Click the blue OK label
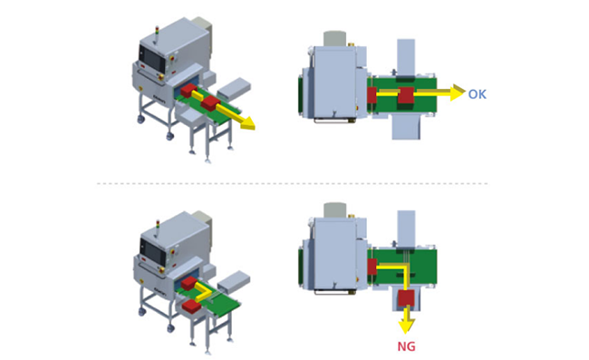tap(477, 94)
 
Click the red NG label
tap(407, 346)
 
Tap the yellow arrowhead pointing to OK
tap(458, 92)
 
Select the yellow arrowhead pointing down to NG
tap(407, 326)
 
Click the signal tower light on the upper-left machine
tap(157, 32)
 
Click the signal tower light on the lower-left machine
tap(158, 226)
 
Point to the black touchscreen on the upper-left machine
tap(151, 58)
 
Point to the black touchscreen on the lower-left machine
tap(153, 251)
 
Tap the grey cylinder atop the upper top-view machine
tap(334, 39)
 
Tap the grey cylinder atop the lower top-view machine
tap(334, 210)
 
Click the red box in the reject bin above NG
tap(406, 298)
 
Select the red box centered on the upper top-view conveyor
tap(406, 95)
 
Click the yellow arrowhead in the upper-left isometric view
tap(247, 123)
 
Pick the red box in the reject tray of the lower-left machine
tap(191, 306)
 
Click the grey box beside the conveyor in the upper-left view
tap(234, 89)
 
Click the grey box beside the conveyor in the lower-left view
tap(234, 282)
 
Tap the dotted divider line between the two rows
tap(293, 184)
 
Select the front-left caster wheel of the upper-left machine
tap(140, 120)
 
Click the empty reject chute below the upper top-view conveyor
tap(406, 128)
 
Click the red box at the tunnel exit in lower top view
tap(372, 267)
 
